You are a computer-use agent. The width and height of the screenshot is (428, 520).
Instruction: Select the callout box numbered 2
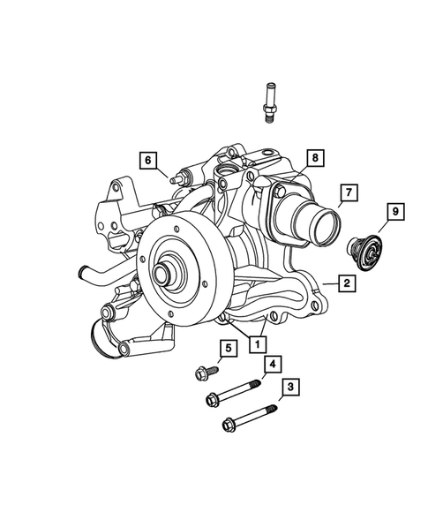coord(347,283)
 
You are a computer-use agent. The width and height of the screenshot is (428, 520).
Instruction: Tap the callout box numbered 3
coord(288,387)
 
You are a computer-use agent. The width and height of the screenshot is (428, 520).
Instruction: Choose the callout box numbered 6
coord(148,160)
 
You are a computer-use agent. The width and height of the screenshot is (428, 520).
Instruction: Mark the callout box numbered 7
coord(348,192)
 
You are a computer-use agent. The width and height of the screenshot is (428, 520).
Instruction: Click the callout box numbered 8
coord(315,159)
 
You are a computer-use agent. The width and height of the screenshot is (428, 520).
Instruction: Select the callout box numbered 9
coord(395,212)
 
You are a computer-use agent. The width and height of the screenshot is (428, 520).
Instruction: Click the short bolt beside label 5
coord(205,373)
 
